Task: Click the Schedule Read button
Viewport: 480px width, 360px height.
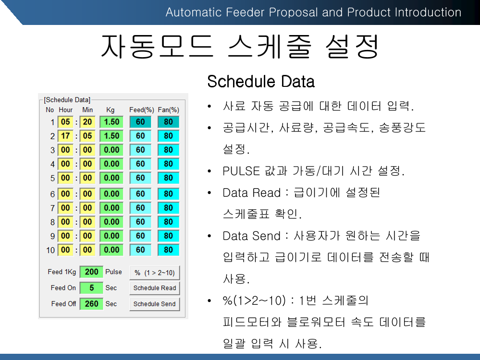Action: pyautogui.click(x=155, y=288)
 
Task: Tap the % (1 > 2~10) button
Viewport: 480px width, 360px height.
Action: pyautogui.click(x=155, y=273)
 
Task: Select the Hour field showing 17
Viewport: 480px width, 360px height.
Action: pyautogui.click(x=65, y=136)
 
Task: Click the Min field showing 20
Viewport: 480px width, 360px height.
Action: pyautogui.click(x=87, y=122)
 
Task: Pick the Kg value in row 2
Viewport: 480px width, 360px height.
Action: pyautogui.click(x=111, y=136)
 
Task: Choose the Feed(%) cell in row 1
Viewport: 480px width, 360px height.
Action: pyautogui.click(x=140, y=122)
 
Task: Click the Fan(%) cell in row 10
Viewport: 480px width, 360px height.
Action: pyautogui.click(x=168, y=250)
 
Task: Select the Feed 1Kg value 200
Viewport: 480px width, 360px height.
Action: pyautogui.click(x=91, y=272)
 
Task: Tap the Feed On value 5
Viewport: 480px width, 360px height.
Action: pyautogui.click(x=91, y=288)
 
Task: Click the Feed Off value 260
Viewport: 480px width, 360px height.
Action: pyautogui.click(x=91, y=304)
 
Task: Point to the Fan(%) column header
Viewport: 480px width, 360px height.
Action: pyautogui.click(x=168, y=110)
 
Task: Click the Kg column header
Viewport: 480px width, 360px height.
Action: pyautogui.click(x=110, y=110)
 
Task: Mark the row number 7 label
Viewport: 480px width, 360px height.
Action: pyautogui.click(x=52, y=208)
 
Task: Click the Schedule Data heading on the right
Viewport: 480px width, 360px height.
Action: pyautogui.click(x=261, y=82)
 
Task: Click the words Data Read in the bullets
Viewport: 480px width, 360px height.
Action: pyautogui.click(x=251, y=192)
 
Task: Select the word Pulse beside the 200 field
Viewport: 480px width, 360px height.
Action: pyautogui.click(x=113, y=272)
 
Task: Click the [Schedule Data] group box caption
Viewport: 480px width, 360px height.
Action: pyautogui.click(x=67, y=100)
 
